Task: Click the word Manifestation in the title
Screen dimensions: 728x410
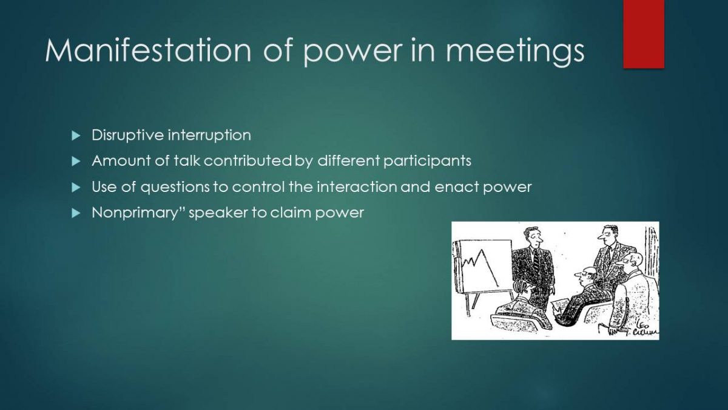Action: click(x=148, y=50)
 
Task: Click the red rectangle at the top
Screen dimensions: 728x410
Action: click(x=644, y=34)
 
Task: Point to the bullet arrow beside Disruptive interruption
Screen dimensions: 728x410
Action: click(x=76, y=135)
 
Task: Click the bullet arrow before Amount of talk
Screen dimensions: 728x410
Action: click(x=76, y=161)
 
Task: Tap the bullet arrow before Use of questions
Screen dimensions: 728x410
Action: click(x=76, y=187)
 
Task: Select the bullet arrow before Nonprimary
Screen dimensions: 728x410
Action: click(x=76, y=213)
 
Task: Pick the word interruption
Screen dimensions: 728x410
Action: click(x=209, y=135)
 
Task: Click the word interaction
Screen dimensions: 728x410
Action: click(x=357, y=187)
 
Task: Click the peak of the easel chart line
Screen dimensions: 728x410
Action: click(x=482, y=250)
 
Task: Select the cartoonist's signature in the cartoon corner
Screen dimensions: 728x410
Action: click(x=644, y=329)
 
